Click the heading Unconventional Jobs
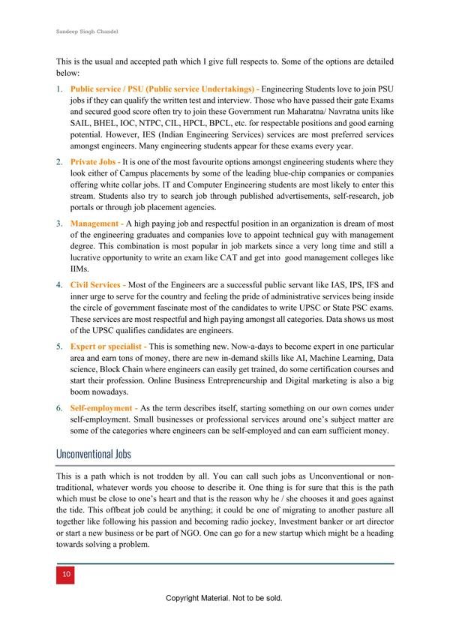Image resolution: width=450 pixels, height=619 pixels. [x=93, y=455]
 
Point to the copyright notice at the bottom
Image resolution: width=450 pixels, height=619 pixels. [x=224, y=598]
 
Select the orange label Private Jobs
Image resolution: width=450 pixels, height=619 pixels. [x=93, y=161]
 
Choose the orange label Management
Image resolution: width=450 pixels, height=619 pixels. [x=95, y=224]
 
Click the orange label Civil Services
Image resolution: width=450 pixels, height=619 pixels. [x=97, y=286]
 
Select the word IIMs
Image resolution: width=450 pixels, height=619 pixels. [x=79, y=269]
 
